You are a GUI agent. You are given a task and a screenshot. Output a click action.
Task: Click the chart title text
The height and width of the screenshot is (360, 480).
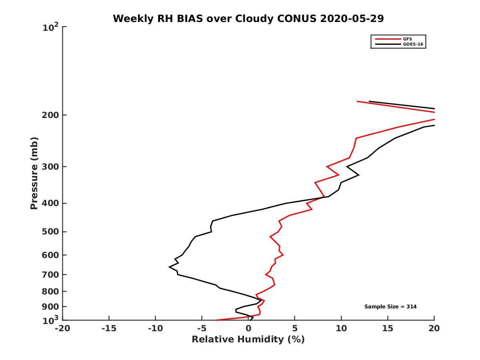pos(248,18)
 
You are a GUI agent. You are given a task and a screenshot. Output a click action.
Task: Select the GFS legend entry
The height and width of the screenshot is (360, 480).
pos(408,39)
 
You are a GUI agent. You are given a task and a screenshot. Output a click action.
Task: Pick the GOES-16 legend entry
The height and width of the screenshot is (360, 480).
pos(412,44)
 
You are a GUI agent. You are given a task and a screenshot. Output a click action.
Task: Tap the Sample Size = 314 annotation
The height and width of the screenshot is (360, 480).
pos(390,306)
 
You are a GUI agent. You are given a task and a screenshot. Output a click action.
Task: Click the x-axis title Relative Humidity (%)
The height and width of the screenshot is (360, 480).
pos(248,340)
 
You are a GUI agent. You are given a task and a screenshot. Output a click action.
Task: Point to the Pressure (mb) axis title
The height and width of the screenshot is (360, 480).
pos(34,173)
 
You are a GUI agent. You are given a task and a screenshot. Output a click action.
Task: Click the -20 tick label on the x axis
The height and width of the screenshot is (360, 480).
pos(62,328)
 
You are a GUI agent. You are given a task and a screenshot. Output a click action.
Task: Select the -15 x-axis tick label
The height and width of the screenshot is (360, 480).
pos(108,328)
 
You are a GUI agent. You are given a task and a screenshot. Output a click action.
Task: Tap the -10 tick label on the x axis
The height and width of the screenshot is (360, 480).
pos(155,328)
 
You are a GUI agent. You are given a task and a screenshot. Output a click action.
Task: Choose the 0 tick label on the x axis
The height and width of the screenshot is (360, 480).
pos(248,328)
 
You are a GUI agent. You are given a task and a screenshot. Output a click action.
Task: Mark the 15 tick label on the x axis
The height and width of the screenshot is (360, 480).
pos(388,328)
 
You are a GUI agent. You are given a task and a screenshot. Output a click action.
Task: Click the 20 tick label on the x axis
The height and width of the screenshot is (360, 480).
pos(434,328)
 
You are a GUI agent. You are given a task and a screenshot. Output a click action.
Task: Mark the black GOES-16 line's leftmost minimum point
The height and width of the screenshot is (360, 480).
pos(170,266)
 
